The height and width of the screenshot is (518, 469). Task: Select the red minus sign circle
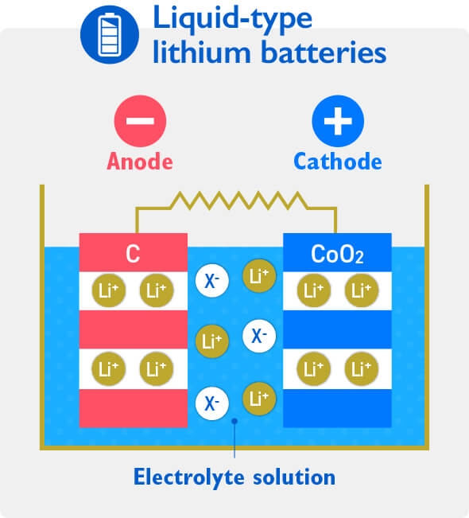tap(140, 121)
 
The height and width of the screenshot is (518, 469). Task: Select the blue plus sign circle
tap(337, 121)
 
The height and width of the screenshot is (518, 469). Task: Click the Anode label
tap(140, 162)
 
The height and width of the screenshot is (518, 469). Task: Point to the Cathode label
tap(337, 162)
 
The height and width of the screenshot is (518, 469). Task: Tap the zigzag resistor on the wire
tap(235, 199)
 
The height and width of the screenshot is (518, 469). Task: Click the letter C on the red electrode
tap(133, 255)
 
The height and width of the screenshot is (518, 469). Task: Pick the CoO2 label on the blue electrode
tap(337, 255)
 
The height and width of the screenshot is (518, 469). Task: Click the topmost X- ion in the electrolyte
tap(212, 280)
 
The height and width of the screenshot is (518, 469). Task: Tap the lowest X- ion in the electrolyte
tap(212, 403)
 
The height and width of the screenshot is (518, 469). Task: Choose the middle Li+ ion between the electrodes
tap(211, 341)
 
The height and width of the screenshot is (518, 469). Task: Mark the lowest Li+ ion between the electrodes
tap(258, 397)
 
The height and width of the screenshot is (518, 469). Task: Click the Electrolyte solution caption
tap(234, 477)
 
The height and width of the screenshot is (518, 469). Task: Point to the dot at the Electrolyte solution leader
tap(234, 423)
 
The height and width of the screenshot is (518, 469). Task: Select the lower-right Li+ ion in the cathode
tap(361, 368)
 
